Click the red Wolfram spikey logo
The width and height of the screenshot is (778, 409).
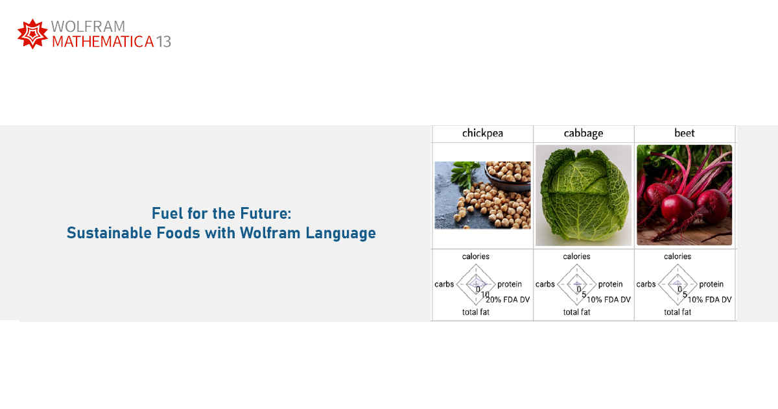pos(32,34)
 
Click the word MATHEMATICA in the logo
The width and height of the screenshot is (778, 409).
pos(103,42)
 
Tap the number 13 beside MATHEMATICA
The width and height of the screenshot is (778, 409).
pos(163,42)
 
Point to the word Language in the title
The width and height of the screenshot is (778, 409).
pos(341,233)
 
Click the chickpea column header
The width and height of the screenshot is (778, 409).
pos(482,133)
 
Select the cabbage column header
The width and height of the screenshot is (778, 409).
pos(583,133)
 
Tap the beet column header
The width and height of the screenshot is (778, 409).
pos(684,133)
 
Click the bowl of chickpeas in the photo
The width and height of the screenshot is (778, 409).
pos(508,176)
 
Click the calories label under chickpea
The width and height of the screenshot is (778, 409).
pos(475,256)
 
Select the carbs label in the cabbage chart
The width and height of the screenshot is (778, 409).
pos(545,284)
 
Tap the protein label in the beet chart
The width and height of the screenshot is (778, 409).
pos(711,284)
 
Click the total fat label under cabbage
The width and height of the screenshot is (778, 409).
pos(576,312)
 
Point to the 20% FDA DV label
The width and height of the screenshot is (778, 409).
pos(508,299)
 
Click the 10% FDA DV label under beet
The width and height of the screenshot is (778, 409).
pos(709,299)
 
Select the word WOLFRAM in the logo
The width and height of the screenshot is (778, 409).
pos(88,27)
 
